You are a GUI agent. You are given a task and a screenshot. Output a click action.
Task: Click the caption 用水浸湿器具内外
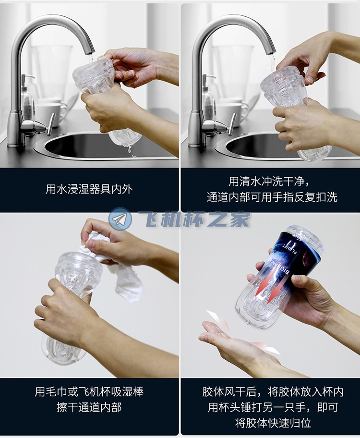pos(89,189)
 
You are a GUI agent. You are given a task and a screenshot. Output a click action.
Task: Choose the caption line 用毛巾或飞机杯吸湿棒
pos(89,392)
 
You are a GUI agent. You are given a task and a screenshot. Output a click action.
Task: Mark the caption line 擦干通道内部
pos(89,408)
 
